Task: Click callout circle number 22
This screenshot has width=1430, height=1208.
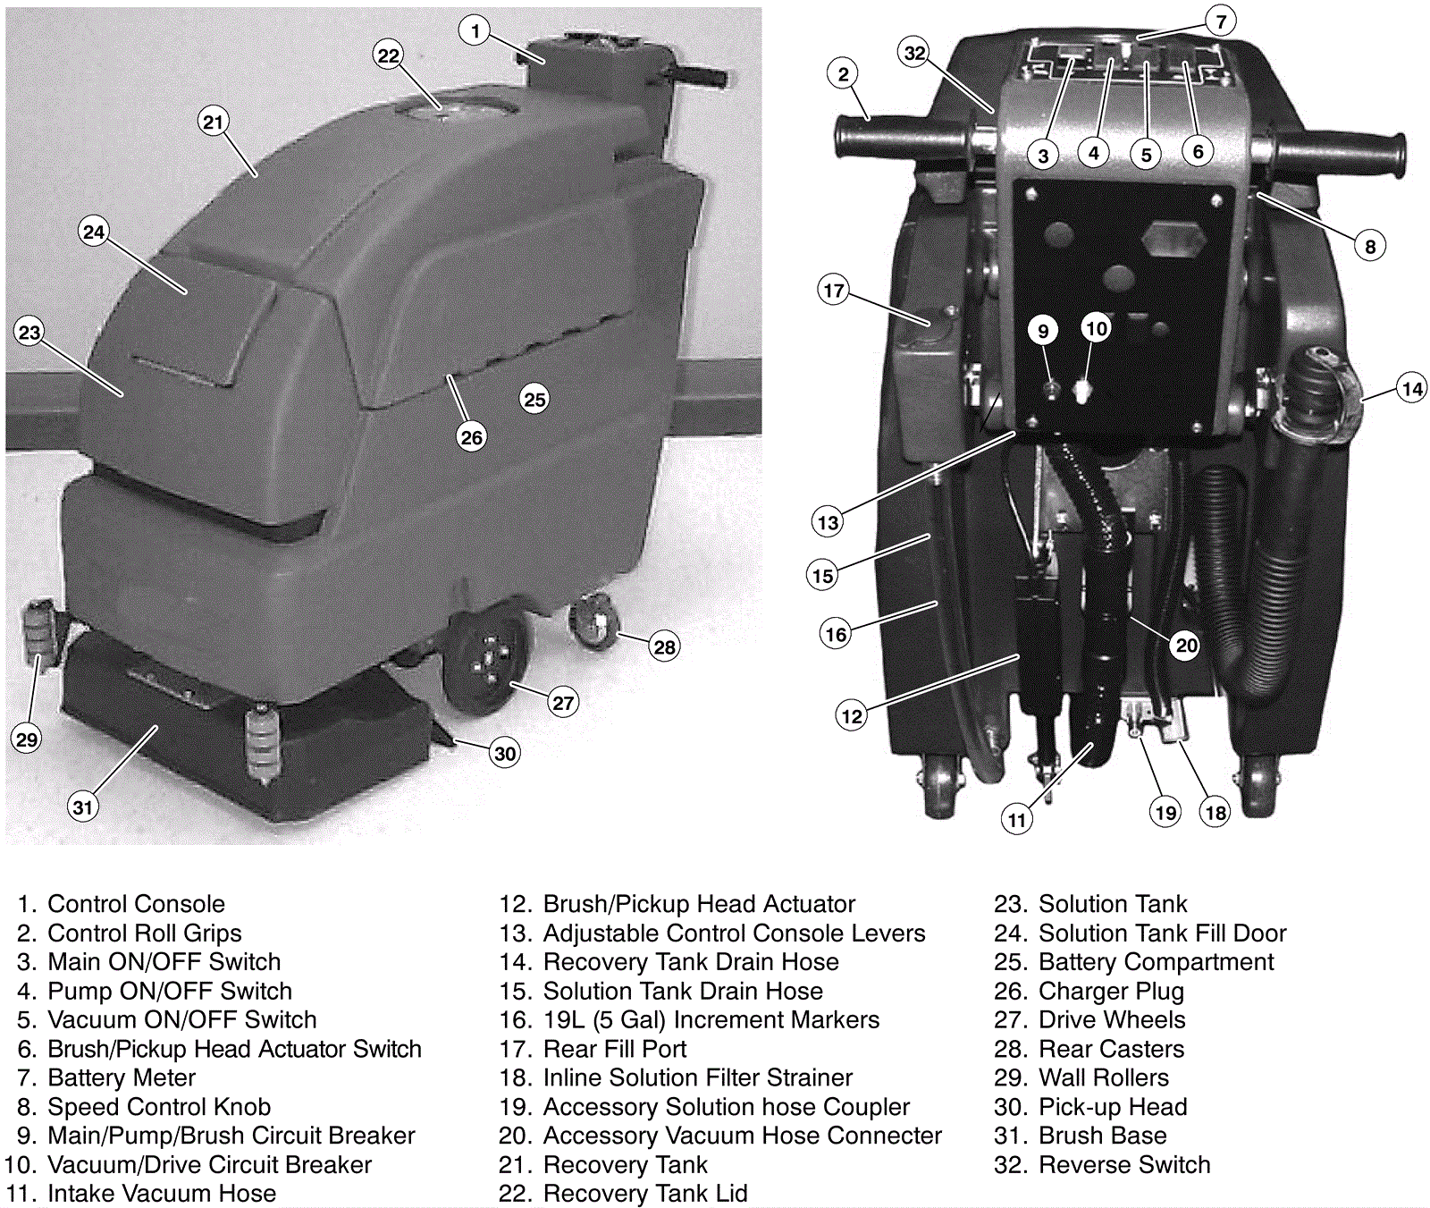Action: click(388, 55)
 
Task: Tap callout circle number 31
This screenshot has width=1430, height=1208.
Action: click(82, 807)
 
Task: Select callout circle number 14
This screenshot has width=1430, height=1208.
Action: click(1412, 389)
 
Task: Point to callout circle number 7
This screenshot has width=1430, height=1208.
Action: click(1221, 20)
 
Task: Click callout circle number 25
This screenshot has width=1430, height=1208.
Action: click(534, 400)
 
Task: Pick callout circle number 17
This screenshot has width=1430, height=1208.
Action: click(833, 290)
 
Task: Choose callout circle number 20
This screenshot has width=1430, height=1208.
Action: click(1186, 645)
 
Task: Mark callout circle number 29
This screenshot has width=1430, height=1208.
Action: click(27, 739)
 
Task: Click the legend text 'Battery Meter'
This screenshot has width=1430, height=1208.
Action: click(122, 1078)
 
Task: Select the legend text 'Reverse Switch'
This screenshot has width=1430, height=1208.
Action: click(1124, 1165)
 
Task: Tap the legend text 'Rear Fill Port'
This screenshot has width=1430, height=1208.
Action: click(615, 1049)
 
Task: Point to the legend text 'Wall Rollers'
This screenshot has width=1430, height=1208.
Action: click(1104, 1078)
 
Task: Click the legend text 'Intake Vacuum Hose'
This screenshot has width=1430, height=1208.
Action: click(162, 1194)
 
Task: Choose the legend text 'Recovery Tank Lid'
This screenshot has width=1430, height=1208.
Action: click(645, 1194)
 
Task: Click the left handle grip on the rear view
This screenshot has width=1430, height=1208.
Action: click(898, 143)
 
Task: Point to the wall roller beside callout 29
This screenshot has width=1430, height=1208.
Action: click(39, 630)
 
